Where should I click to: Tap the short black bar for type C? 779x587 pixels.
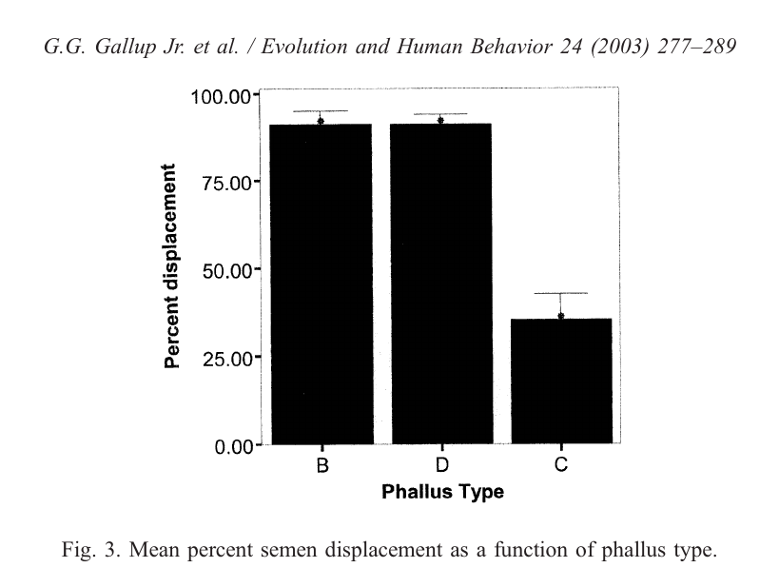560,381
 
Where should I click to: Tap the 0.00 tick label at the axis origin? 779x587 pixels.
229,445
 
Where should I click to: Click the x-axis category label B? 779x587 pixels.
321,465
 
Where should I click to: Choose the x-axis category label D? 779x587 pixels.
442,465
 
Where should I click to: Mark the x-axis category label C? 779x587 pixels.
561,465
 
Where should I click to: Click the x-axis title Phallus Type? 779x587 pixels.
442,493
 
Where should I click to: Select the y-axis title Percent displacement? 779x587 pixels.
172,265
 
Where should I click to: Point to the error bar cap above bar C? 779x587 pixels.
560,293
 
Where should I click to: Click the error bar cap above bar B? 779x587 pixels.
321,111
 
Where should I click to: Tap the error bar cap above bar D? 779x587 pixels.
440,114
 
